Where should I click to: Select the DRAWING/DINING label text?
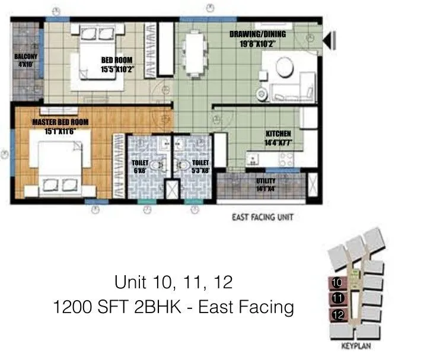(x=253, y=39)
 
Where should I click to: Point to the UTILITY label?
(x=265, y=184)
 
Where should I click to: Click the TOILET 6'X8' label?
(x=141, y=165)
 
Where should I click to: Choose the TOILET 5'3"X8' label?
(x=201, y=165)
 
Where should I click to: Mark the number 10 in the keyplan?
(x=337, y=282)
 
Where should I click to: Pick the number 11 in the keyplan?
(x=337, y=298)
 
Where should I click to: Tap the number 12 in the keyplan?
(x=339, y=316)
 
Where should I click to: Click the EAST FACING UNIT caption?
(x=262, y=218)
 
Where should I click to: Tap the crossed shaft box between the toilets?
(x=173, y=190)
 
